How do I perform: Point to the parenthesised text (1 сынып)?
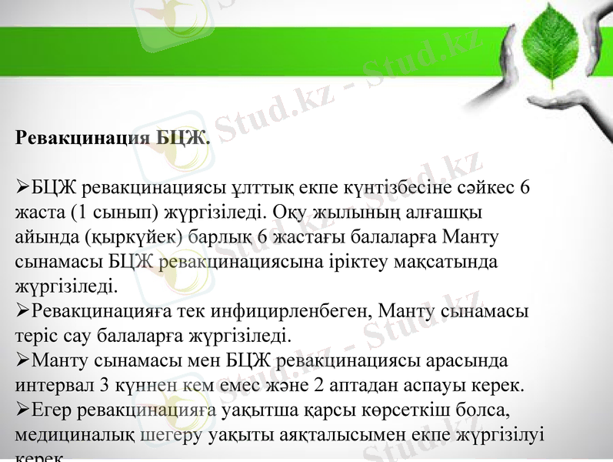pyautogui.click(x=115, y=212)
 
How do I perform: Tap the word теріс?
pyautogui.click(x=34, y=336)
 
